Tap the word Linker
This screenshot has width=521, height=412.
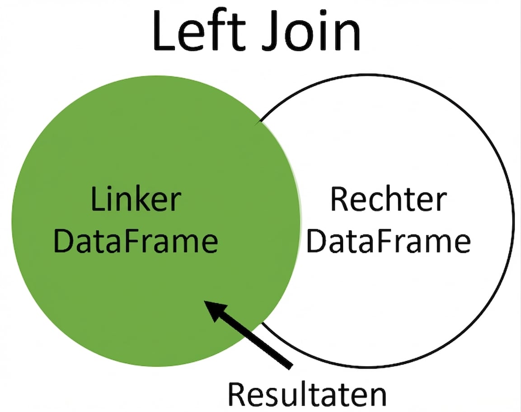[x=136, y=200]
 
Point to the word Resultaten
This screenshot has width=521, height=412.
[x=307, y=394]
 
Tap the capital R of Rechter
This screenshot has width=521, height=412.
[x=339, y=200]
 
